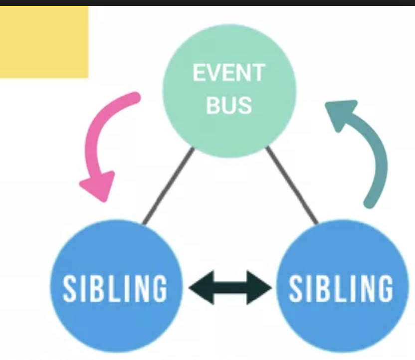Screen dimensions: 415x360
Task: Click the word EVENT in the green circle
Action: [x=228, y=73]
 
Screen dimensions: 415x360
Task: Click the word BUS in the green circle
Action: [x=229, y=105]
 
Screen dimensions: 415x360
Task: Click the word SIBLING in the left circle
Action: [x=115, y=288]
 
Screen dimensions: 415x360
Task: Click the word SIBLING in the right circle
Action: [x=341, y=288]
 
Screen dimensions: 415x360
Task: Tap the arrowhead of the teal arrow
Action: [x=341, y=112]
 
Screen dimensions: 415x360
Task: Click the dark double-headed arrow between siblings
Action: [x=230, y=288]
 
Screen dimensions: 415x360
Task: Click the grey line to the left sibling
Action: [x=168, y=186]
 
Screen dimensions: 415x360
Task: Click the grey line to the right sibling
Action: [x=292, y=185]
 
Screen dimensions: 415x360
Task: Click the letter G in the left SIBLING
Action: [x=158, y=288]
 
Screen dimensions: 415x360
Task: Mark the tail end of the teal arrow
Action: [x=370, y=201]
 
